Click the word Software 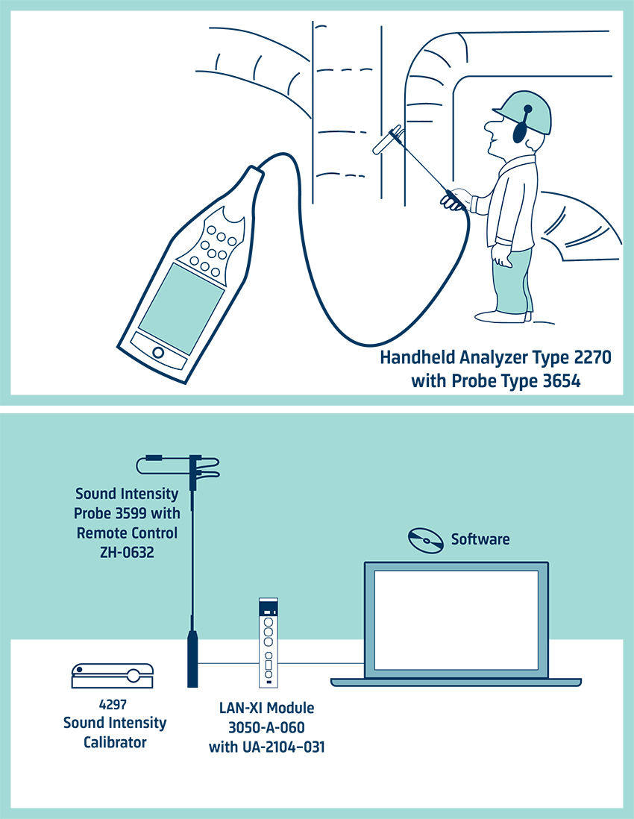[480, 539]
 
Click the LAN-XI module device [267, 642]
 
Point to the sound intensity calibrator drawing [112, 676]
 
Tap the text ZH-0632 [126, 552]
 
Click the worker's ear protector [524, 128]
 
